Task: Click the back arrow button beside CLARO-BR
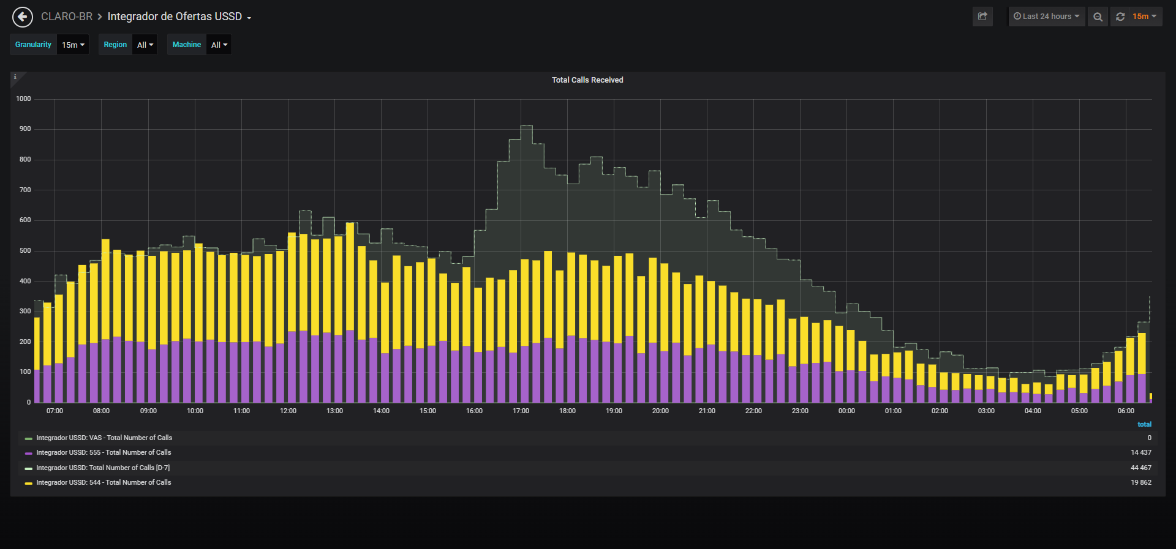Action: point(23,17)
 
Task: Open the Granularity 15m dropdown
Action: point(73,45)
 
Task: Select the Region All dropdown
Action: point(145,45)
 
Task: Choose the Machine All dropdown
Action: point(219,45)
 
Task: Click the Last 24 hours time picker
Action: point(1047,17)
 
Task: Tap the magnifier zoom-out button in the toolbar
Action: point(1098,17)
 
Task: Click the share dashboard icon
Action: point(982,17)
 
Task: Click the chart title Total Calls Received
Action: point(587,80)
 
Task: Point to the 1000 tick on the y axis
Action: point(23,99)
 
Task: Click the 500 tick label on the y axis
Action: point(25,250)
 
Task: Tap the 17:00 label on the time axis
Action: point(521,411)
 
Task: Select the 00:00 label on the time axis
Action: point(846,411)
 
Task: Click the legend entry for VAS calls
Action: point(104,438)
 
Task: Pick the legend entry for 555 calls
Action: point(104,452)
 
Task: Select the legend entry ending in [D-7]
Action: point(103,468)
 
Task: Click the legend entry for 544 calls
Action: point(104,482)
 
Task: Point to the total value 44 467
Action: point(1141,468)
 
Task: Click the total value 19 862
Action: point(1141,482)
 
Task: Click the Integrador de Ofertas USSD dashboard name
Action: point(175,17)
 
